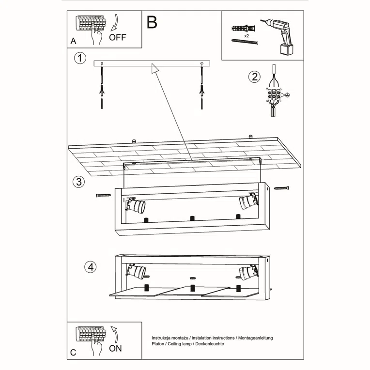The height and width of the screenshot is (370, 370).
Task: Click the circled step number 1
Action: [80, 59]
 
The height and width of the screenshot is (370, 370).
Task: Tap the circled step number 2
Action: [254, 77]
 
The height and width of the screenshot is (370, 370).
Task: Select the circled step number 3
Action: [78, 182]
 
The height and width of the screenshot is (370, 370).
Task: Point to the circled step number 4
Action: [90, 266]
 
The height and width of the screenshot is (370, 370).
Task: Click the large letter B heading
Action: [152, 22]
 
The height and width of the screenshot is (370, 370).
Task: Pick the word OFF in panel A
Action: [118, 37]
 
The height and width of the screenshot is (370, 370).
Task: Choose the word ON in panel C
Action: [116, 348]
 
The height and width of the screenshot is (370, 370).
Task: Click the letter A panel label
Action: [73, 41]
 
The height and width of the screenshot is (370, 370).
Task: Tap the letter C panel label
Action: [73, 353]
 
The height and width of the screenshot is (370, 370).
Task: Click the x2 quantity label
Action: [247, 36]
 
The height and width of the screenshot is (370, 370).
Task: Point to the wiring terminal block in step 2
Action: [274, 94]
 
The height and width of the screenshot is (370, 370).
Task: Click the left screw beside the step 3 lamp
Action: [104, 195]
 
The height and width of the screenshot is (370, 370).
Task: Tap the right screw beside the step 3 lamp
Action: [282, 187]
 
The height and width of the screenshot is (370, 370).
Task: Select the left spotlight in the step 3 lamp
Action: [136, 205]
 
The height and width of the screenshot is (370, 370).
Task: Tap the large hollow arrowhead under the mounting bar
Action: [155, 69]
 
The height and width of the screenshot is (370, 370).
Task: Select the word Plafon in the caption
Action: [158, 343]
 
